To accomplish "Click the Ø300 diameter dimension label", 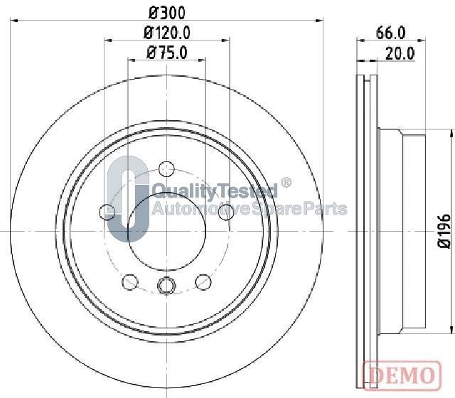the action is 166,13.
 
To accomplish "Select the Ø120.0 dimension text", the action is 167,33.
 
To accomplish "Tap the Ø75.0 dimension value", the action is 167,53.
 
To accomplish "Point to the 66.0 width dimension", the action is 390,33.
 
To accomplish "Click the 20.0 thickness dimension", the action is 400,53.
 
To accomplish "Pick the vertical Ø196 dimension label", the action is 444,231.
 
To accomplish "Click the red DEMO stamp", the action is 402,375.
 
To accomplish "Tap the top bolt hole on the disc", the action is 167,169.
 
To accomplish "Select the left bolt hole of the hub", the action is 107,212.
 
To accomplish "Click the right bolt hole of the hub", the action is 226,212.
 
